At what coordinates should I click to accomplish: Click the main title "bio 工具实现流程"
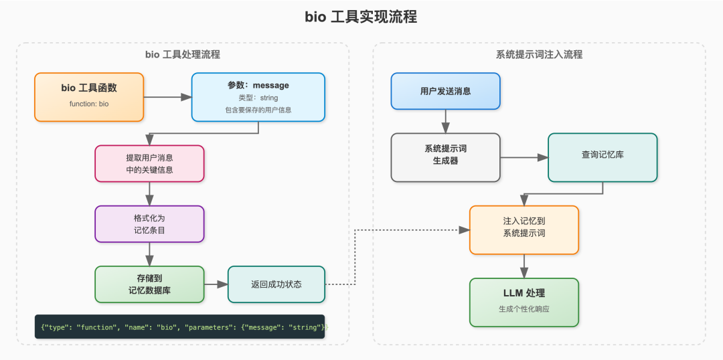361,17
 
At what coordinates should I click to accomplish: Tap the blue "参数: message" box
258,96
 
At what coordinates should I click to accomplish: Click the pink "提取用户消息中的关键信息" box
149,163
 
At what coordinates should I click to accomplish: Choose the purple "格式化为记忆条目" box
149,223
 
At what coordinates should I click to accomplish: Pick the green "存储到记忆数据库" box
149,284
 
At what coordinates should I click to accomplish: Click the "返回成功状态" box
276,284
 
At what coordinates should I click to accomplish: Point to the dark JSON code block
179,327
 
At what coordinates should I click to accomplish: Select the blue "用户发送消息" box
445,90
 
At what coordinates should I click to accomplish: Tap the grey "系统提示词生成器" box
445,157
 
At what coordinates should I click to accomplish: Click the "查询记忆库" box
602,157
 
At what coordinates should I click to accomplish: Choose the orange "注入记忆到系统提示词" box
524,230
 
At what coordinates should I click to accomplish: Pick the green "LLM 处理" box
524,302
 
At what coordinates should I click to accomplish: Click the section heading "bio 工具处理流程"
182,54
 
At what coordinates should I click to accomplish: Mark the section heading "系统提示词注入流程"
539,54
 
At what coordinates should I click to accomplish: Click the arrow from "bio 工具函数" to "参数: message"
167,97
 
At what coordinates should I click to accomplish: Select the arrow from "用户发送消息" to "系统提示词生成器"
445,120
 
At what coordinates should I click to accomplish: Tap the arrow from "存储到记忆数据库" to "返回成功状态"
216,284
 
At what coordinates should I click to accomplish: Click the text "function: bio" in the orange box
89,104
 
